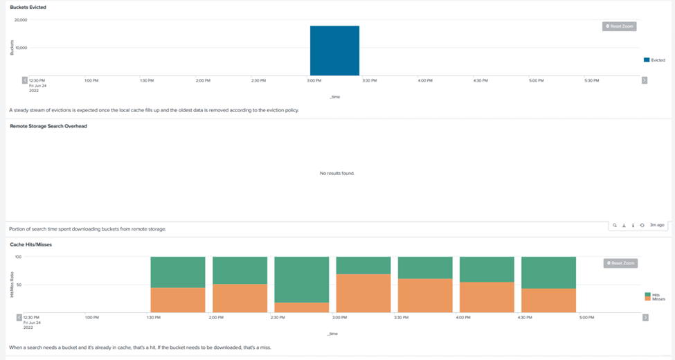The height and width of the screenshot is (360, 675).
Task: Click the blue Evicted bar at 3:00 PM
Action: (x=334, y=51)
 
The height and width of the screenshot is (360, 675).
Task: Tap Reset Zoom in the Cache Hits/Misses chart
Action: (x=620, y=263)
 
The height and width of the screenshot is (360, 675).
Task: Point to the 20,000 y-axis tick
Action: (x=21, y=20)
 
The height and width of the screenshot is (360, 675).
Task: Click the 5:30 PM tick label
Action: (x=591, y=80)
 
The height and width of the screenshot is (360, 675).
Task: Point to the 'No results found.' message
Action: (x=337, y=173)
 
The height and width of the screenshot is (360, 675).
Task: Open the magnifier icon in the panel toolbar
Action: (x=614, y=225)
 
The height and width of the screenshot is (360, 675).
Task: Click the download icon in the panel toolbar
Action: (x=624, y=225)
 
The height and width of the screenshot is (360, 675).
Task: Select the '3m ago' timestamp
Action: (x=657, y=225)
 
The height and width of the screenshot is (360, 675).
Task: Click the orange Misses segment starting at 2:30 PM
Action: (x=301, y=307)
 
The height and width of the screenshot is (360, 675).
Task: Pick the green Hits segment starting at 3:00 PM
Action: (x=363, y=265)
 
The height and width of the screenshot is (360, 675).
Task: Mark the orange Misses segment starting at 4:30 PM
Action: (x=548, y=300)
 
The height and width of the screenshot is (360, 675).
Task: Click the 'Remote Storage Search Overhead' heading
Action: (x=48, y=126)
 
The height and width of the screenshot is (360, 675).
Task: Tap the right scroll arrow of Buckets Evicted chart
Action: (x=645, y=80)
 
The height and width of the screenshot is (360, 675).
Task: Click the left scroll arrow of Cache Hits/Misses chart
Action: (x=19, y=318)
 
